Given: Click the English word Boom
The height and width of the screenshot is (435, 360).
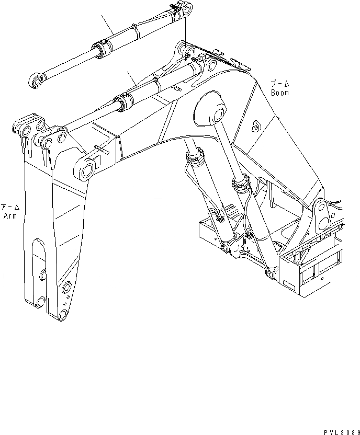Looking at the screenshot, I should click(x=280, y=93).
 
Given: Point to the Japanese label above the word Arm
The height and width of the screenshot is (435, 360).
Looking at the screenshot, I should click(x=10, y=207).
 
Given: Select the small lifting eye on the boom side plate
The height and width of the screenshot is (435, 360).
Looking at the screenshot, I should click(x=256, y=125).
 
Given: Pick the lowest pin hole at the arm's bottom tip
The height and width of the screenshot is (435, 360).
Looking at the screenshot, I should click(x=63, y=314).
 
